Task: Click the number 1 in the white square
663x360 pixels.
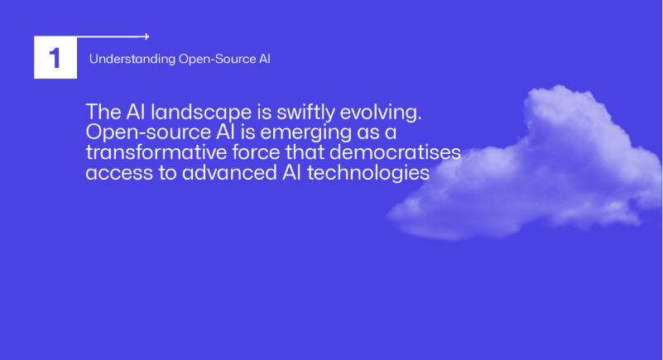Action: click(55, 58)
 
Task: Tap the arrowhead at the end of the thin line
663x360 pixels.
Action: click(147, 36)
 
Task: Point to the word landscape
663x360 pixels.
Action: click(201, 113)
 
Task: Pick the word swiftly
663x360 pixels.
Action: click(305, 113)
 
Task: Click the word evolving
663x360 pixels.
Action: click(381, 113)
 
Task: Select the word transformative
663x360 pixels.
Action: click(156, 152)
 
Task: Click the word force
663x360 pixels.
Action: click(257, 152)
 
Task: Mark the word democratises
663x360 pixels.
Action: click(395, 152)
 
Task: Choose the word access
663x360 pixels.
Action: click(119, 173)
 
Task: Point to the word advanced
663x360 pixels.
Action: click(229, 172)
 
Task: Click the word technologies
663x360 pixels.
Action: click(368, 173)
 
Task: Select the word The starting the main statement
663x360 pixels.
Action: click(103, 112)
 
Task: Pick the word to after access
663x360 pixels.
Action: click(168, 173)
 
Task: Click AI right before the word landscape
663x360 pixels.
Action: click(135, 112)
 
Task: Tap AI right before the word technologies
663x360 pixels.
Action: click(291, 172)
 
